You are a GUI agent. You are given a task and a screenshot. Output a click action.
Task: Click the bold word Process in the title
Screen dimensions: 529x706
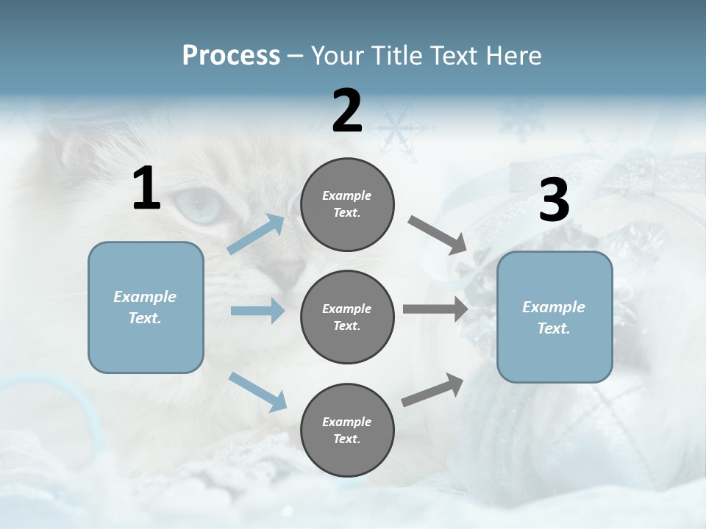tap(231, 55)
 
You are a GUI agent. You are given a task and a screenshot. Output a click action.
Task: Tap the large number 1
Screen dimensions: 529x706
tap(146, 188)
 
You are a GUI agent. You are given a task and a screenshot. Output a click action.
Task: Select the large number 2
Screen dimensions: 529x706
tap(347, 110)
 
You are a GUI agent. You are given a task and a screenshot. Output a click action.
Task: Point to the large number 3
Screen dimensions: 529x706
tap(554, 200)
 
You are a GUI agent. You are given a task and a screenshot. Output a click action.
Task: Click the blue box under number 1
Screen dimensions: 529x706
tap(146, 307)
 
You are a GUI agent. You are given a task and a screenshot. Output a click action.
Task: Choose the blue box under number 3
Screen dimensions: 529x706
tap(555, 317)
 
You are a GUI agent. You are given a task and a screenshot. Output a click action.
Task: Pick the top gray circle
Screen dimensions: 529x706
tap(347, 204)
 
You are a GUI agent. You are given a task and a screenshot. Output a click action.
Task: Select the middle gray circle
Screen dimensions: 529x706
tap(347, 317)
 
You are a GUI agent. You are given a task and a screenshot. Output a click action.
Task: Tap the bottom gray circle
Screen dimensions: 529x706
tap(347, 430)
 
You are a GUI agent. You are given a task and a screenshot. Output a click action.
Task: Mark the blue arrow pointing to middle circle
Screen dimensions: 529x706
tap(257, 311)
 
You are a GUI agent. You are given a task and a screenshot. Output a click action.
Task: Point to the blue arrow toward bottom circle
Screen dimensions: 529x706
tap(257, 391)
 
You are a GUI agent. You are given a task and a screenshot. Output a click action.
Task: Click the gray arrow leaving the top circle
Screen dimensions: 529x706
tap(438, 235)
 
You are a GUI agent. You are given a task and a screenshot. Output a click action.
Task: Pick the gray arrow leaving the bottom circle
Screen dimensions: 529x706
tap(432, 390)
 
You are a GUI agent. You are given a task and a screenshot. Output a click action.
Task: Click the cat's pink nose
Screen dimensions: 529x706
tap(288, 275)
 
